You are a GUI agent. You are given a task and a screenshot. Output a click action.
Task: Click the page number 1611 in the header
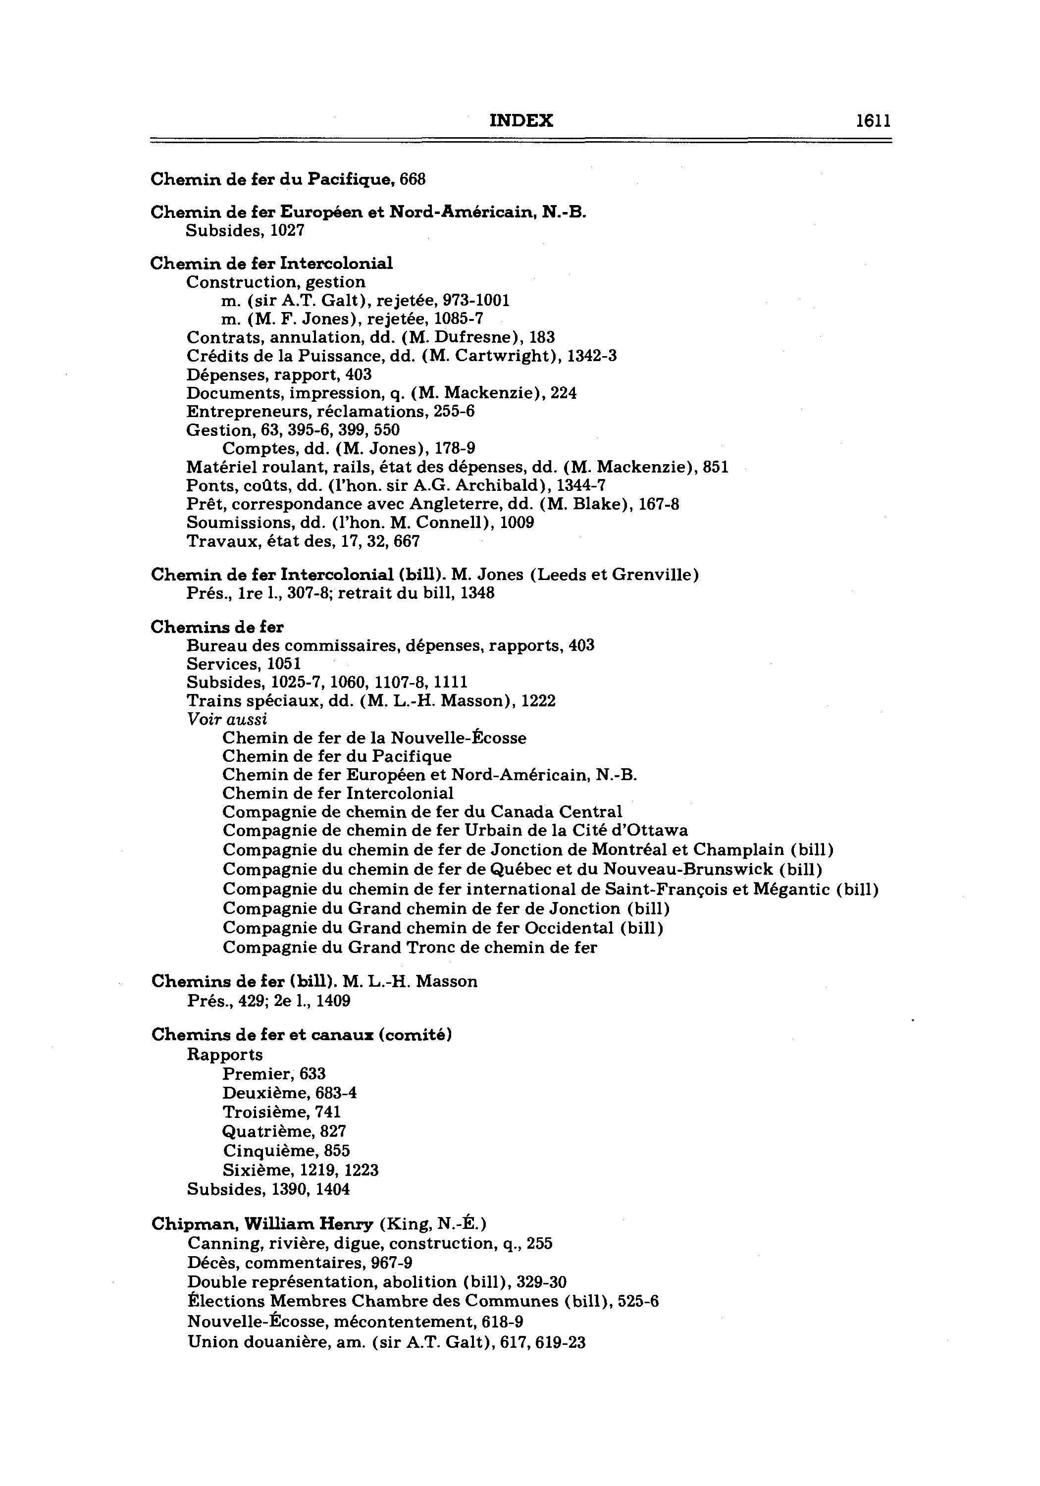pos(873,121)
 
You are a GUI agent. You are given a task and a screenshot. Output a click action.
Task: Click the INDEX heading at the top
pos(521,121)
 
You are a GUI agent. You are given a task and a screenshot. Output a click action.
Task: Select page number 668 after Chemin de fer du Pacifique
pos(412,179)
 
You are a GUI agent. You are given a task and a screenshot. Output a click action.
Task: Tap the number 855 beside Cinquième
pos(337,1151)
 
